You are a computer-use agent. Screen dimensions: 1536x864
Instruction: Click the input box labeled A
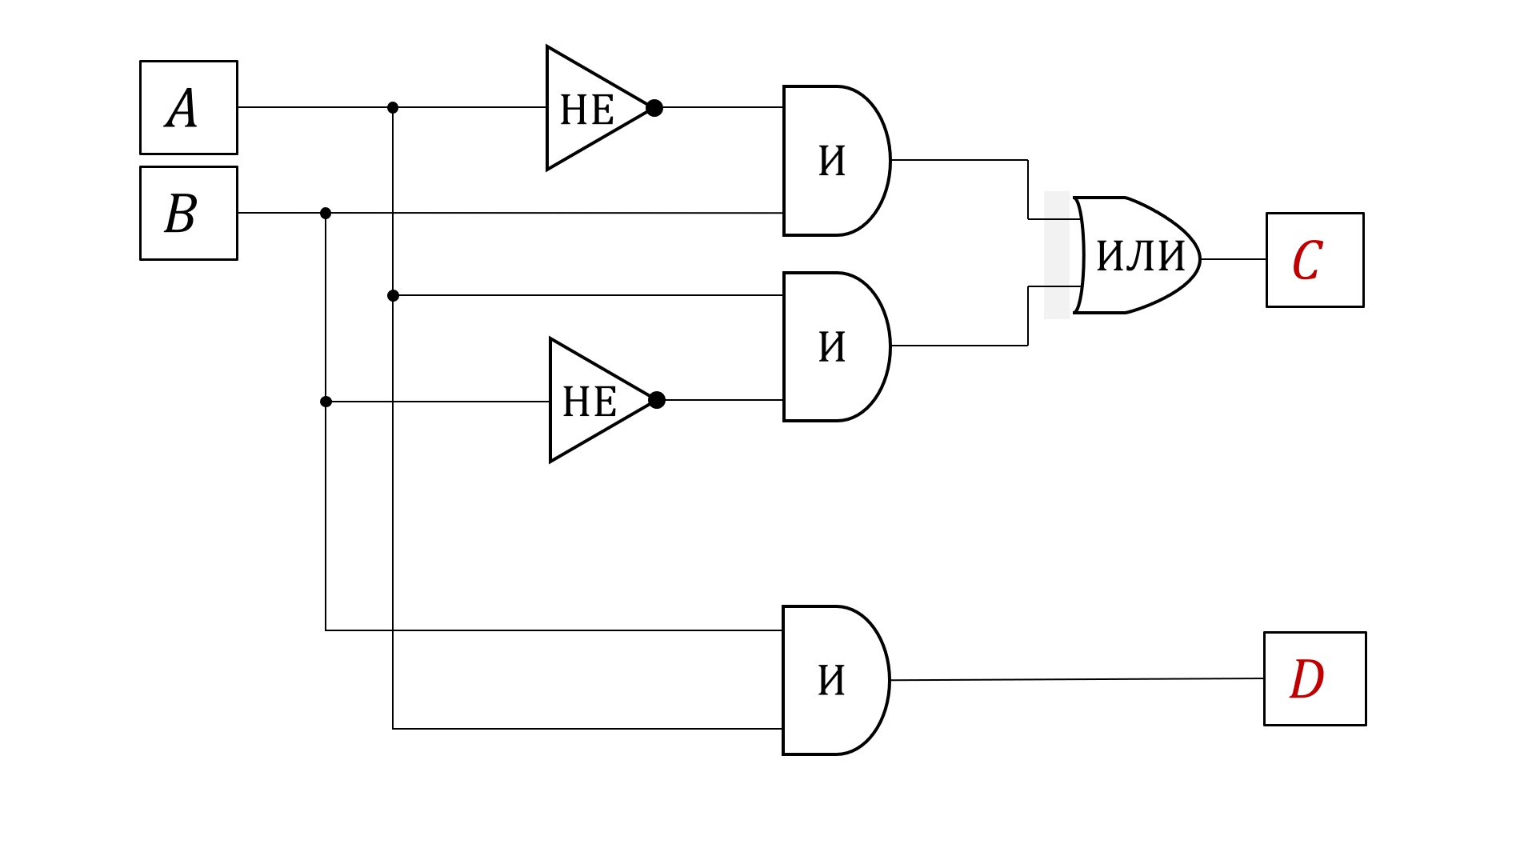point(189,107)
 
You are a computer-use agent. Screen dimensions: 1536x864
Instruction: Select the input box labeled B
point(189,213)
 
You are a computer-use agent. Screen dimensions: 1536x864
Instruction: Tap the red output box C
point(1315,260)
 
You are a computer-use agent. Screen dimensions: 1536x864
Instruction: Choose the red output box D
point(1315,679)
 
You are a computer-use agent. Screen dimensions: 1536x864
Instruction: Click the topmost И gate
point(836,161)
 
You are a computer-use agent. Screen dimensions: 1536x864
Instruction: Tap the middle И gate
point(836,346)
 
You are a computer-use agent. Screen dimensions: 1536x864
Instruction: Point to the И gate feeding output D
point(835,680)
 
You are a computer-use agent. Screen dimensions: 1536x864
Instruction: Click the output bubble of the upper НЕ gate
point(654,108)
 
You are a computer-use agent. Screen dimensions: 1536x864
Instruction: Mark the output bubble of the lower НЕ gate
point(657,400)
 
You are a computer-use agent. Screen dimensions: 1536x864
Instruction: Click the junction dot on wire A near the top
point(393,107)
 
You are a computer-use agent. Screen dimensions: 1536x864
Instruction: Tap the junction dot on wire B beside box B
point(326,213)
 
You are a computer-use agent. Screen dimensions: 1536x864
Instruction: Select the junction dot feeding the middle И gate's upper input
point(393,295)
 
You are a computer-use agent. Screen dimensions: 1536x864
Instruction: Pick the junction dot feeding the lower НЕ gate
point(326,402)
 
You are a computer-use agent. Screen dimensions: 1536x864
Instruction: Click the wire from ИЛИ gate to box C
point(1234,259)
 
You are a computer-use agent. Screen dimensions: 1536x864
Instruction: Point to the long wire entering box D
point(1078,680)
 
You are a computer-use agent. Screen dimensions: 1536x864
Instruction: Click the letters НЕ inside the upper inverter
point(587,110)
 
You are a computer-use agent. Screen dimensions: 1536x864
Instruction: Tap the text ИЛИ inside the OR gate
point(1140,256)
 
